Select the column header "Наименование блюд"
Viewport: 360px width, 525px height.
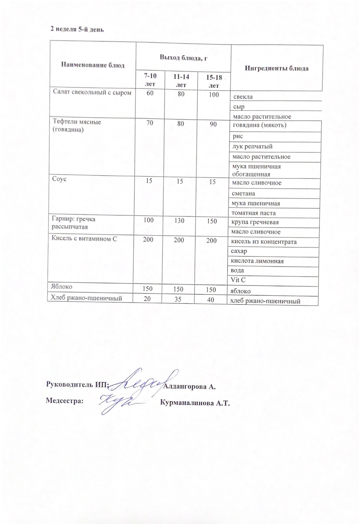tap(92, 65)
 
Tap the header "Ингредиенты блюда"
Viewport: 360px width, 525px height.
tap(277, 68)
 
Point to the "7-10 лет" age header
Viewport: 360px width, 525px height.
tap(150, 80)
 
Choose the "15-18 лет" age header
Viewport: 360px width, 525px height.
tap(214, 81)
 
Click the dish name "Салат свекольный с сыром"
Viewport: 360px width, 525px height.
tap(92, 92)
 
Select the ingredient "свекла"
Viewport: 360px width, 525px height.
tap(243, 97)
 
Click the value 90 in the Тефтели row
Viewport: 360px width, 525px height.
tap(213, 124)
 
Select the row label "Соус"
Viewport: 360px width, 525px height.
tap(59, 179)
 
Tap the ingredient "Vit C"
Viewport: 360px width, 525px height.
tap(238, 280)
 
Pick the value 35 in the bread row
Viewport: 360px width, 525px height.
tap(180, 299)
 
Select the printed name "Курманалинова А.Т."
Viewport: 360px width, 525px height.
tap(195, 403)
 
